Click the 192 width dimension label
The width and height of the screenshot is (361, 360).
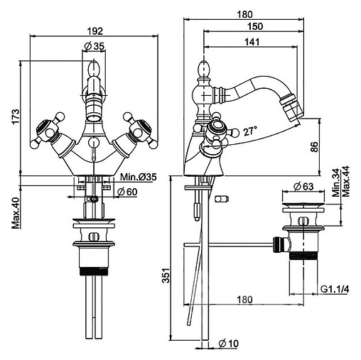[95, 31]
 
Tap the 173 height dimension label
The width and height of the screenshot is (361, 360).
[16, 116]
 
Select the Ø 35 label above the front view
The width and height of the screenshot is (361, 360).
[94, 46]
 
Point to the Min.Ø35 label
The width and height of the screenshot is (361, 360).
[138, 177]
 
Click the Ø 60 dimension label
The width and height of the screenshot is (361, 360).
[127, 191]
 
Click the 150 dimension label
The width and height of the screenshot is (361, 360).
[255, 26]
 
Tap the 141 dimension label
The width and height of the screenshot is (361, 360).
[252, 42]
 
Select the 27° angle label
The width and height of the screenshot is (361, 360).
[250, 131]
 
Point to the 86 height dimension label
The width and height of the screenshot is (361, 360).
[314, 147]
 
